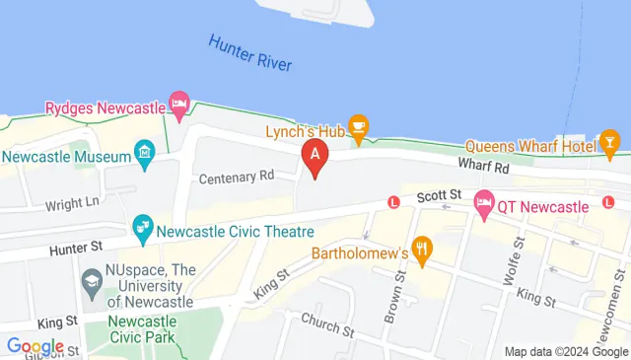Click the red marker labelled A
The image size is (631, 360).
tap(315, 156)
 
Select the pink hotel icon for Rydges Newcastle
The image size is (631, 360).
tap(178, 103)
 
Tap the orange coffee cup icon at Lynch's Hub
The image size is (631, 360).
tap(360, 125)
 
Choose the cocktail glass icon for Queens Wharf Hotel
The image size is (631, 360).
tap(611, 146)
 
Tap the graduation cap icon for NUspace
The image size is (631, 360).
tap(92, 283)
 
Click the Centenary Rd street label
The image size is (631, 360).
tap(237, 178)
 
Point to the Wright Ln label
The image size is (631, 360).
tap(73, 204)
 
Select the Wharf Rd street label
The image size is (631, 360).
tap(483, 169)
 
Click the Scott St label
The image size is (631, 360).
tap(438, 197)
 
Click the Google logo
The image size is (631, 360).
tap(35, 346)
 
